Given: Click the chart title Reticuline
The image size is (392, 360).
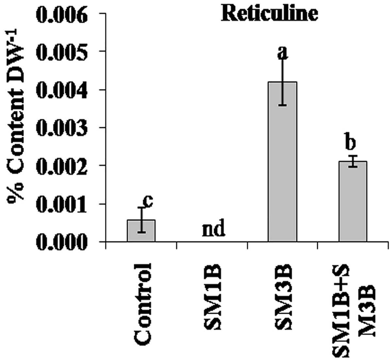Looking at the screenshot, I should point(269,14).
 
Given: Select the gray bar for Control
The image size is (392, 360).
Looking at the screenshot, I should point(141,231).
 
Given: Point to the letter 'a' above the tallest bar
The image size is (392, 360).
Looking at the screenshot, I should point(283,53).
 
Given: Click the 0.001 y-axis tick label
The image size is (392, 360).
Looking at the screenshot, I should point(62,204).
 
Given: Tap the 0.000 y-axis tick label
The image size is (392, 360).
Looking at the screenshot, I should point(62,242).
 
